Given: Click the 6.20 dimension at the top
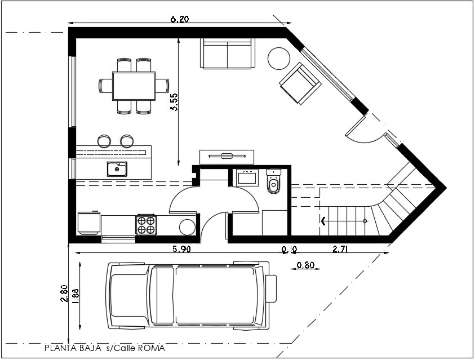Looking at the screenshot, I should pyautogui.click(x=179, y=19).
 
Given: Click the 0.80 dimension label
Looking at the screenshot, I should pyautogui.click(x=305, y=265).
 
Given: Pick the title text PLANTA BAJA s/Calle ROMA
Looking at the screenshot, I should pyautogui.click(x=105, y=348).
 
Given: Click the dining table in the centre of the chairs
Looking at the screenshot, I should pyautogui.click(x=134, y=86).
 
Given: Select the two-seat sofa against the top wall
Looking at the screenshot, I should pyautogui.click(x=228, y=54).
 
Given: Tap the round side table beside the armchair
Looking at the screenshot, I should pyautogui.click(x=278, y=58).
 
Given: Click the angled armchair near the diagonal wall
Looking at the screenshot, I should pyautogui.click(x=300, y=84).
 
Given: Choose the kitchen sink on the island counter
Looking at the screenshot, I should pyautogui.click(x=117, y=168).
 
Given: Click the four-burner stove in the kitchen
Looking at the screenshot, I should pyautogui.click(x=146, y=225).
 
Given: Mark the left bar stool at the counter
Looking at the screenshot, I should pyautogui.click(x=104, y=140).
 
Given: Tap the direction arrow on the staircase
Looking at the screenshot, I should pyautogui.click(x=324, y=221).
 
